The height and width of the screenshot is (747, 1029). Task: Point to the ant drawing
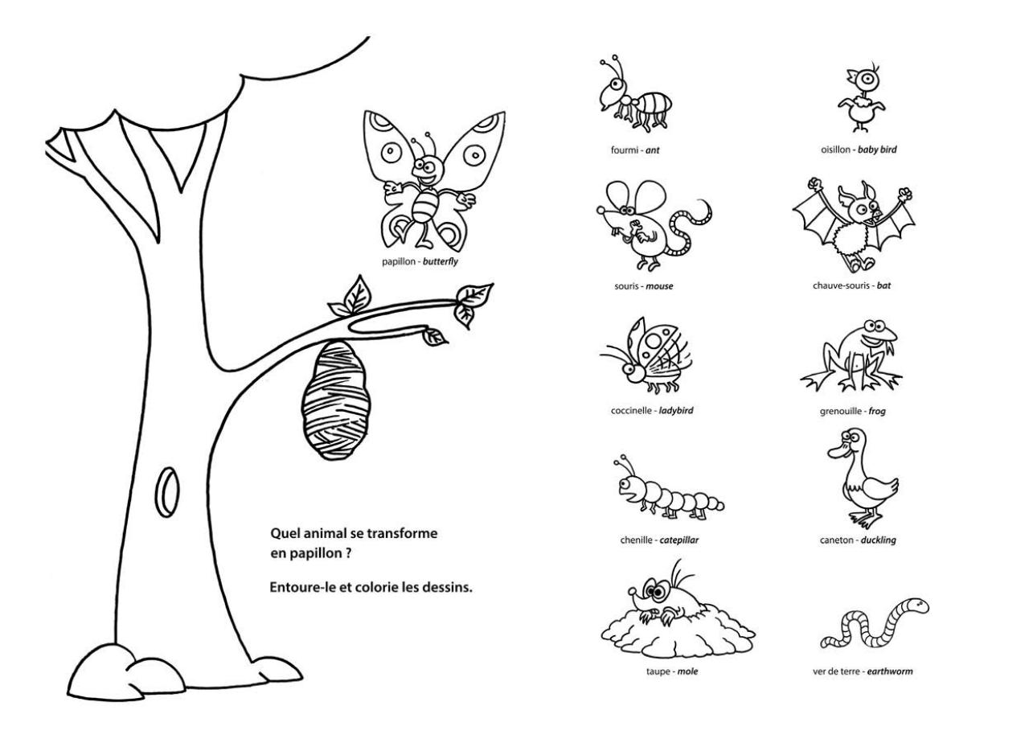[x=635, y=96]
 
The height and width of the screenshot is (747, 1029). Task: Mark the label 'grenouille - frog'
[x=852, y=411]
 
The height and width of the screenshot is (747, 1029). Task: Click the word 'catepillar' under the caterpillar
[x=678, y=540]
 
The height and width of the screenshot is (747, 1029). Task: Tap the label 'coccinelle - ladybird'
[x=652, y=410]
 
